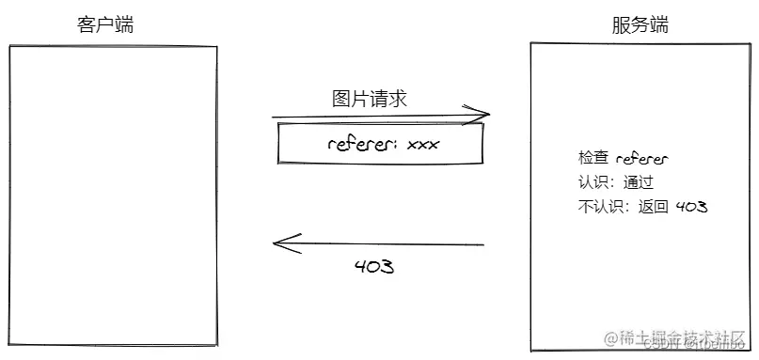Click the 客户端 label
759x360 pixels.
tap(104, 25)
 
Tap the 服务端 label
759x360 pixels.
tap(640, 25)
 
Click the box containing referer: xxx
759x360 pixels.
tap(381, 144)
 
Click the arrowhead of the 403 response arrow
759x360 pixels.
tap(277, 243)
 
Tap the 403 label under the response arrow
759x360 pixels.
tap(373, 266)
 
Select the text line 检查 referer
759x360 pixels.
tap(623, 159)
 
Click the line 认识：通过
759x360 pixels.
tap(616, 182)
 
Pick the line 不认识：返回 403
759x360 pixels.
tap(643, 206)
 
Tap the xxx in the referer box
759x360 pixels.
tap(423, 145)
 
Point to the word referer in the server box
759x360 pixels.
tap(641, 159)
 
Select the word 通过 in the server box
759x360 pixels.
tap(638, 182)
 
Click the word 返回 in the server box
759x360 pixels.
tap(653, 206)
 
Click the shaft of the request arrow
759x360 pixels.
tap(376, 118)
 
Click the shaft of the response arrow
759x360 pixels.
tap(386, 244)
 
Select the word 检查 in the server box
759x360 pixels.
tap(593, 159)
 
